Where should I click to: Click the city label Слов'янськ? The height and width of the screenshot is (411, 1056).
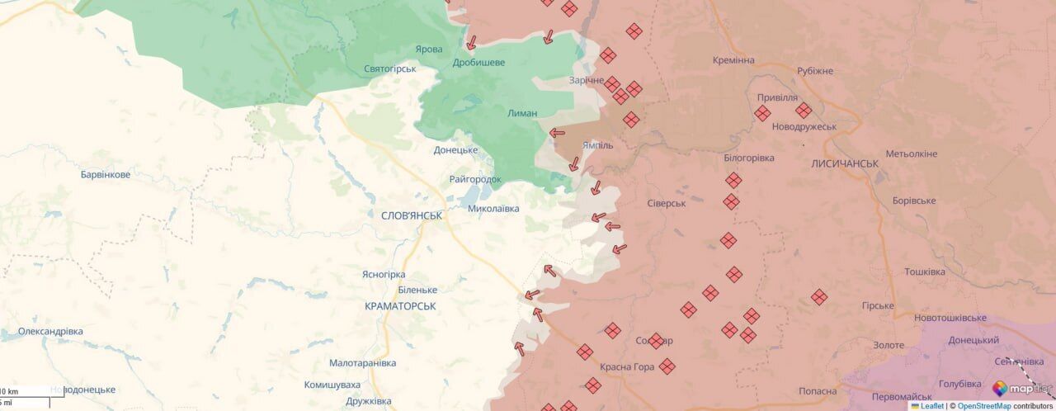412,215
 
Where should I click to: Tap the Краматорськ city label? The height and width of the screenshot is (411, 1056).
400,306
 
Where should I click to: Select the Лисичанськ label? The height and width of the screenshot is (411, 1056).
845,163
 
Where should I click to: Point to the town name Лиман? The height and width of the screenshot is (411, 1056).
523,113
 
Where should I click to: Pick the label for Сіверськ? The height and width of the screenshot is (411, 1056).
667,203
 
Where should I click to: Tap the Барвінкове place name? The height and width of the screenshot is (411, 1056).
106,175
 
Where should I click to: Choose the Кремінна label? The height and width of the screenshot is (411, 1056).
734,60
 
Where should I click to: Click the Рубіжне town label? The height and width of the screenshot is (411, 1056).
815,71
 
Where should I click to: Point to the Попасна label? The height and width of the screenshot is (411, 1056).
818,391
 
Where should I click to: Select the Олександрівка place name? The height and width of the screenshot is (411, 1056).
50,331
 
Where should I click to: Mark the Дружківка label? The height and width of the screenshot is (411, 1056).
369,401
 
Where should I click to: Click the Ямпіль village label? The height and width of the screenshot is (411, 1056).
597,144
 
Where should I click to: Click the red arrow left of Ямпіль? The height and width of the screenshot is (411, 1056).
558,133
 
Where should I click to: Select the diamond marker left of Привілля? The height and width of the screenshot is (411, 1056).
762,113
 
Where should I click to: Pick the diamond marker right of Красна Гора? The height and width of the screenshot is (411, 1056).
667,366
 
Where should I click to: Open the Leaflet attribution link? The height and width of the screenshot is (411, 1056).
931,405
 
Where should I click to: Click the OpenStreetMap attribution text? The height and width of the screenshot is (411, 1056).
983,405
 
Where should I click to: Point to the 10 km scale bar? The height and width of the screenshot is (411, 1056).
25,391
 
